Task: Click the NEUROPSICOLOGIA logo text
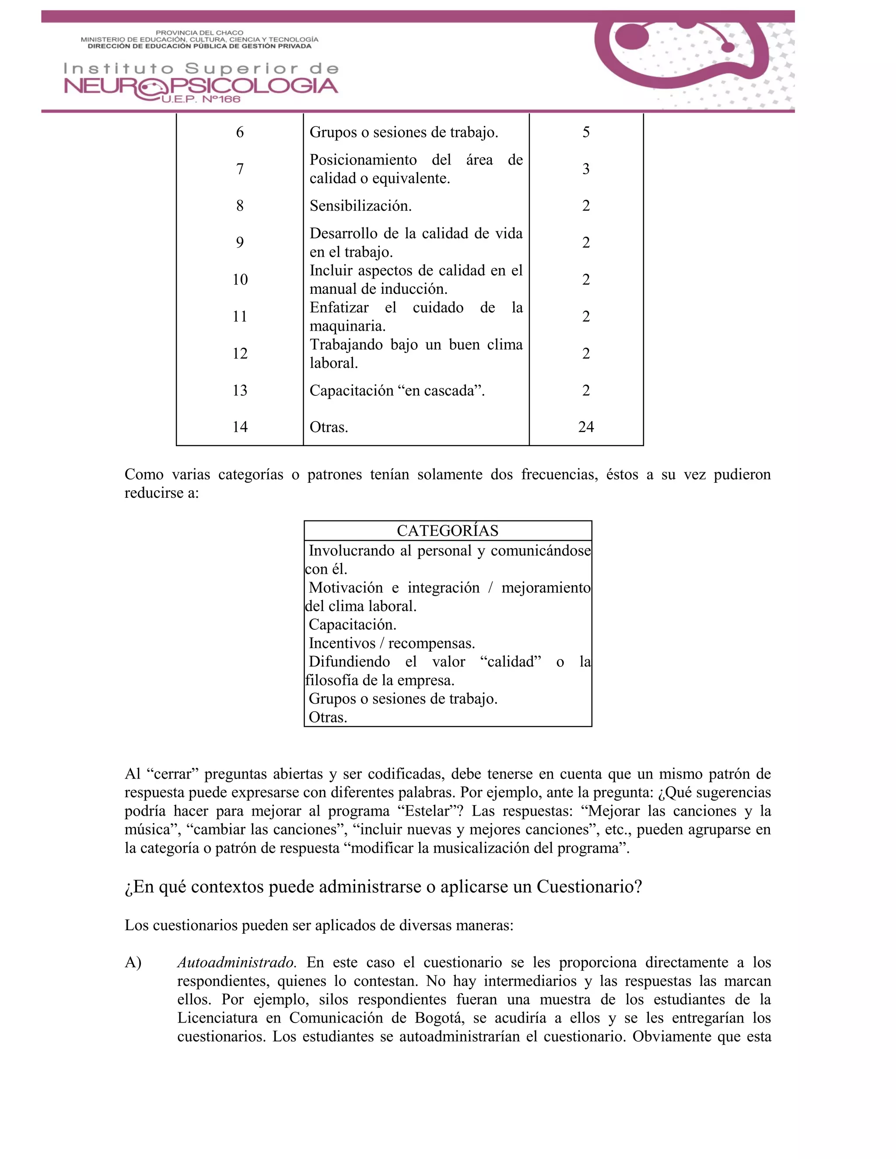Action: point(201,86)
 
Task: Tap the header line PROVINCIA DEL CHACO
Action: point(199,32)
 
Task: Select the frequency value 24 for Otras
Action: point(585,427)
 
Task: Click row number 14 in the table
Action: point(240,427)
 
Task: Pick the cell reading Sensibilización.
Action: point(360,206)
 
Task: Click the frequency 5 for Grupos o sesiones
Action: point(585,132)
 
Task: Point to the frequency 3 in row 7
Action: point(585,169)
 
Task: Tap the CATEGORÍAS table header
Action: point(448,531)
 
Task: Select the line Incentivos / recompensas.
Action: point(392,643)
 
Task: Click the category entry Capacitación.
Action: point(353,625)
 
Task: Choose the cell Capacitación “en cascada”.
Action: point(397,391)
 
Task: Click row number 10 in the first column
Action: point(240,279)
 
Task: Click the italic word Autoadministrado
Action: point(236,962)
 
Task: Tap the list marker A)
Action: point(133,962)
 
